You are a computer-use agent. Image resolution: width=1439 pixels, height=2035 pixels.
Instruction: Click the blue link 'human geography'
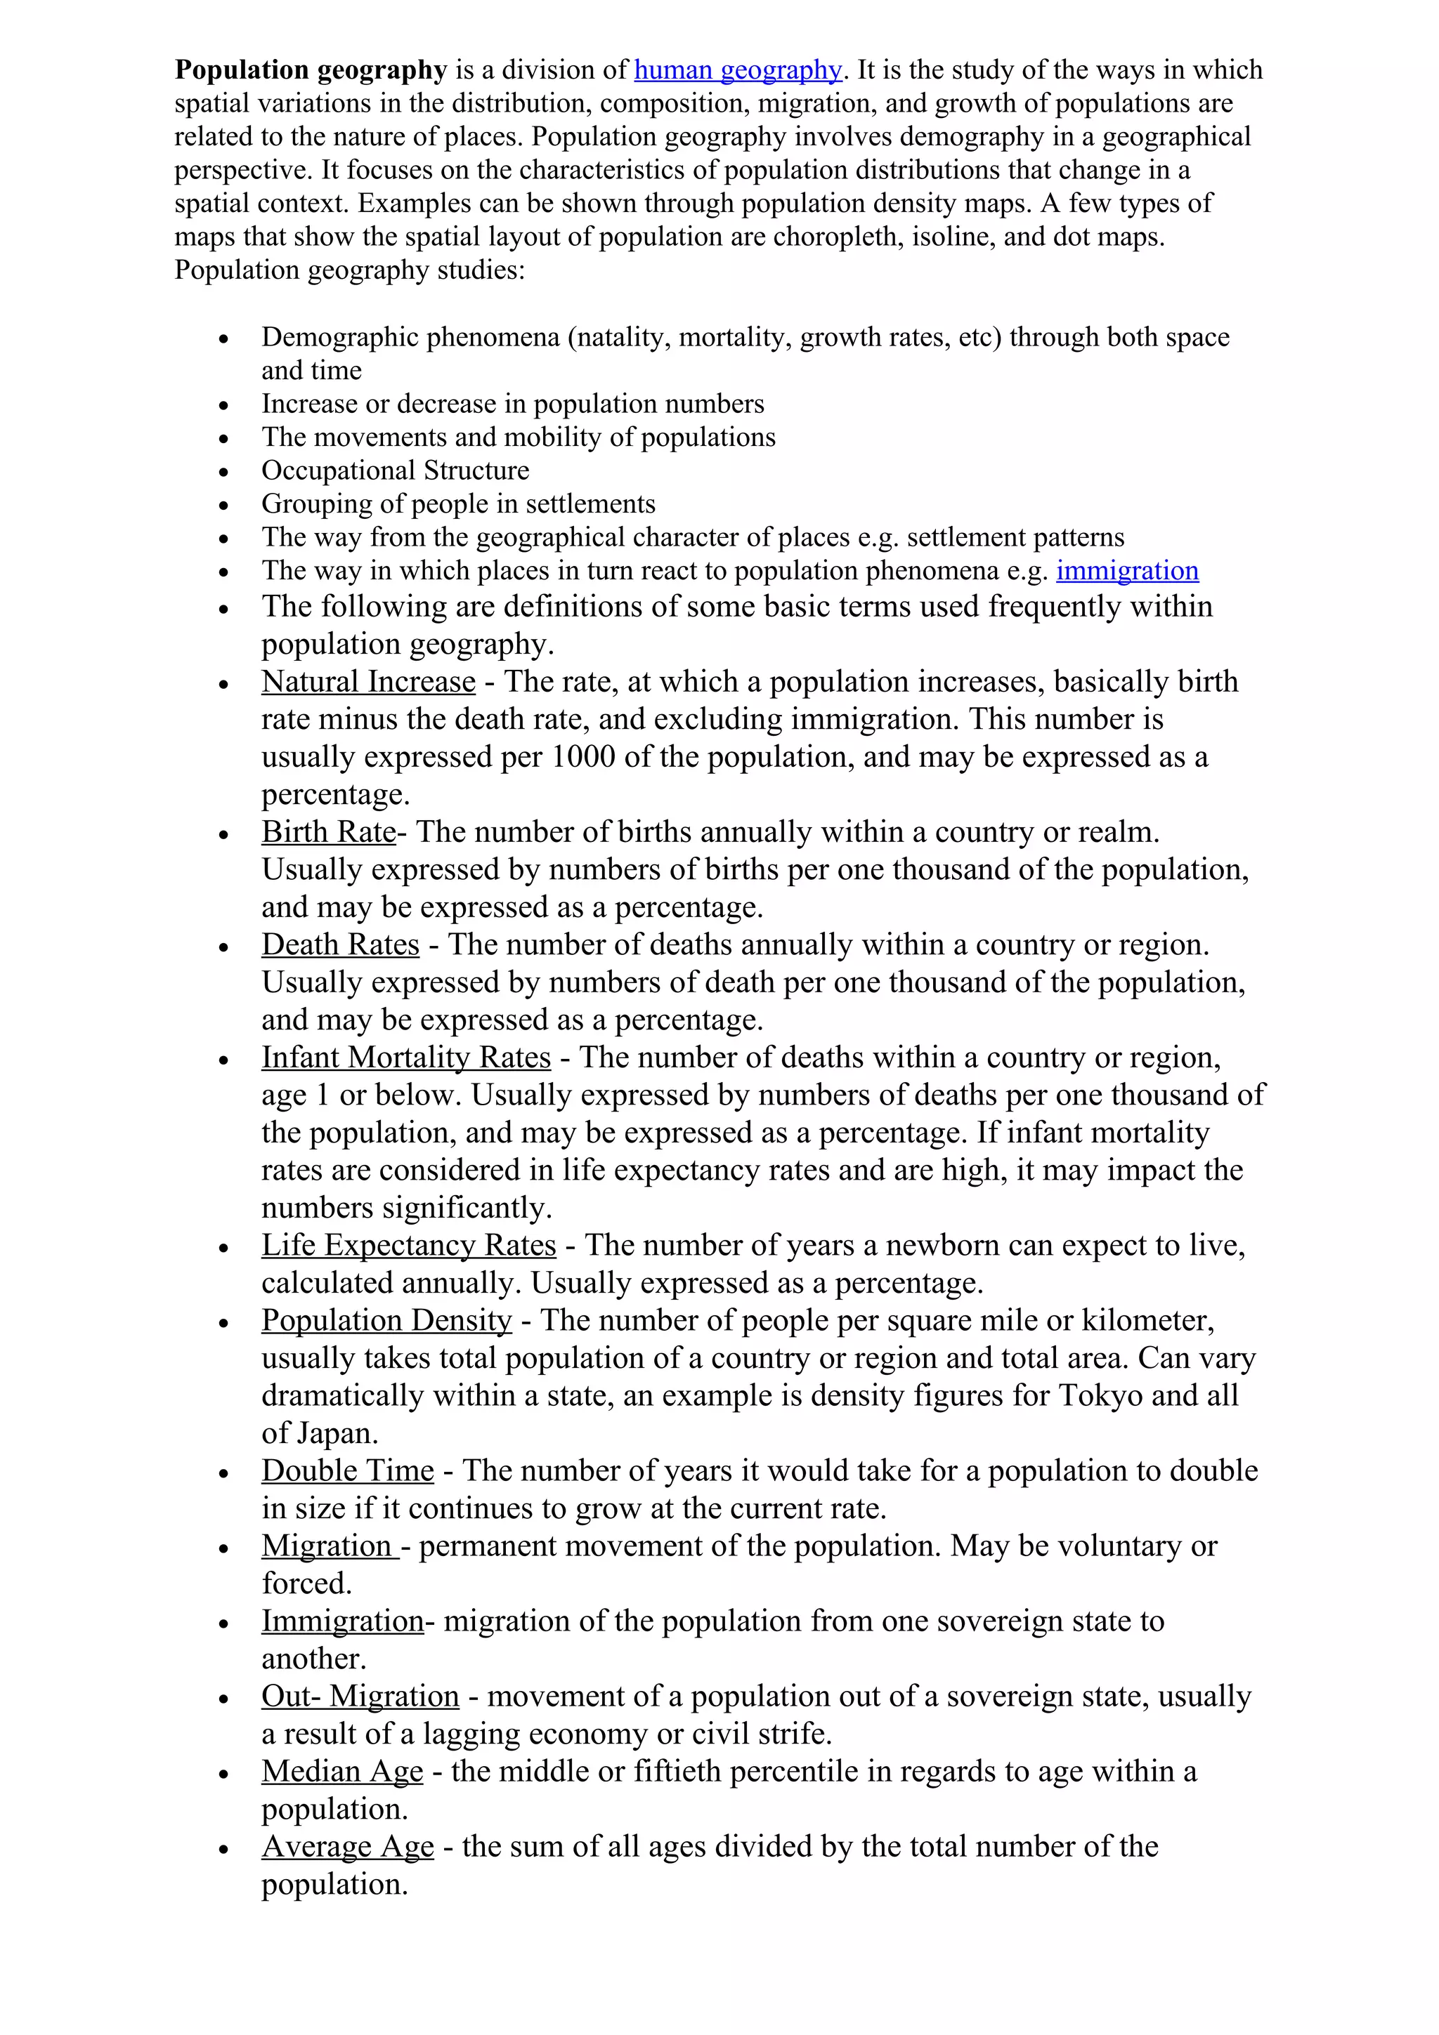point(738,70)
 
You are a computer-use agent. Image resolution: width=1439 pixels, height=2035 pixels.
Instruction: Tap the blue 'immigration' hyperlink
point(1127,571)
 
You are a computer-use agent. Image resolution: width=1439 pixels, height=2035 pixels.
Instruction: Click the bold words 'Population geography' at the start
point(311,70)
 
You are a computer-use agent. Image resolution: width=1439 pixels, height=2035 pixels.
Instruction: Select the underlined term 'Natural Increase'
point(368,682)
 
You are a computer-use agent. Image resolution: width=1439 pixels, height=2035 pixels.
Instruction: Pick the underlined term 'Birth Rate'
point(328,832)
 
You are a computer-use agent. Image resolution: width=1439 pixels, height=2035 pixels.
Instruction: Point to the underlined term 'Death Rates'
point(339,945)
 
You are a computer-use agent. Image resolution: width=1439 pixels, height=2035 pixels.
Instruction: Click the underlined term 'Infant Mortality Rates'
point(405,1058)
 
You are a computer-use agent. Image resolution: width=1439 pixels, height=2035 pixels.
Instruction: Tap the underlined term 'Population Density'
point(386,1321)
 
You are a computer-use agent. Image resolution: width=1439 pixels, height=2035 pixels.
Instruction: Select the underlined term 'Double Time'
point(348,1470)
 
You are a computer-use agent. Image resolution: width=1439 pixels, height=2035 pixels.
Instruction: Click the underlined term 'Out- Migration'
point(360,1696)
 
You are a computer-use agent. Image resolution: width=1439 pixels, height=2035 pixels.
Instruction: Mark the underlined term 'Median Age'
point(342,1771)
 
